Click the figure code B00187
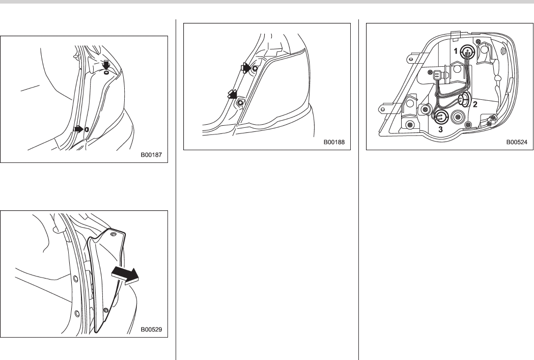coord(152,155)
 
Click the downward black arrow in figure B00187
coord(106,65)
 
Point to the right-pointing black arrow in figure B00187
coord(78,129)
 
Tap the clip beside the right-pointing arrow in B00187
coord(87,129)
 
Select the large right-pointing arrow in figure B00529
coord(125,275)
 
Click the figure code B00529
coord(152,329)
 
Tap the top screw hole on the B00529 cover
coord(114,234)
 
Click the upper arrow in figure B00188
coord(245,68)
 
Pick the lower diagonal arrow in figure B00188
coord(233,94)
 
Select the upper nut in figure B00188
coord(255,68)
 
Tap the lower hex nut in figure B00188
coord(241,102)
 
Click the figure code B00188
coord(334,142)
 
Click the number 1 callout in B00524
coord(456,51)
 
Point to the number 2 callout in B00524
coord(475,104)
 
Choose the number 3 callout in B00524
coord(440,129)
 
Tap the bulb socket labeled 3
coord(441,117)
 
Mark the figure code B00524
coord(517,142)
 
